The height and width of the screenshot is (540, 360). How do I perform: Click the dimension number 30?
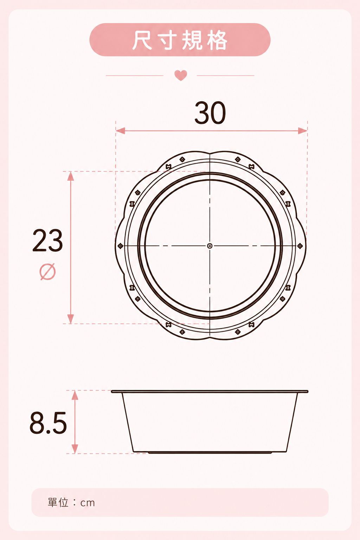210,112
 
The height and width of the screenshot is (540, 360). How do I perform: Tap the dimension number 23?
47,240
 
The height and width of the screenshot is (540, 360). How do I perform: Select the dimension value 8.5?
48,423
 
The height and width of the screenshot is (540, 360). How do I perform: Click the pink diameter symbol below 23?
47,271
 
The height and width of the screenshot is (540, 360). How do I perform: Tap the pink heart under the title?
181,75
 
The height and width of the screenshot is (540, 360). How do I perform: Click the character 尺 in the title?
142,40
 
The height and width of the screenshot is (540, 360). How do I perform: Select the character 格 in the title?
217,40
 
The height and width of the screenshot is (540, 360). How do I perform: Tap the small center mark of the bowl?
210,246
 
